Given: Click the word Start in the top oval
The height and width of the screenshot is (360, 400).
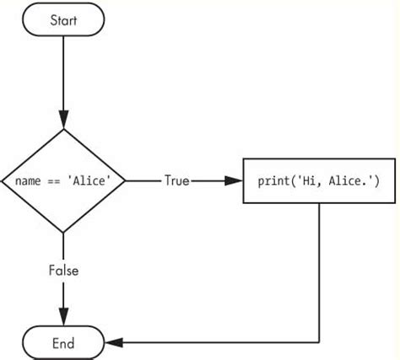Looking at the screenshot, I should click(x=64, y=19).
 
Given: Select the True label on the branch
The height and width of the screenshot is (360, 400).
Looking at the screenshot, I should click(x=176, y=180).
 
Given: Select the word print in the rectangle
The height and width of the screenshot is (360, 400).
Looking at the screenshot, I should click(x=270, y=180).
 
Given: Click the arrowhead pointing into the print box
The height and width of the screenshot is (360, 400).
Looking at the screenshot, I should click(x=235, y=180).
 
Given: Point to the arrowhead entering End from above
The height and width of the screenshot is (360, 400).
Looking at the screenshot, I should click(x=64, y=318).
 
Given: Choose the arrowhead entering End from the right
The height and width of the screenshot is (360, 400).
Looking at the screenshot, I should click(x=114, y=341).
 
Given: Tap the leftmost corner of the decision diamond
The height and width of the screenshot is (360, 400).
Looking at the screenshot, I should click(x=3, y=180).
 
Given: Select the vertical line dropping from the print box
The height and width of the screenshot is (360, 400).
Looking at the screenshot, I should click(x=319, y=270).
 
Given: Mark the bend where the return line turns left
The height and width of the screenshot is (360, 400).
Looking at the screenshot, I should click(x=319, y=341).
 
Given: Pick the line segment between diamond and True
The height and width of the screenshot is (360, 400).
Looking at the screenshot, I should click(x=143, y=180).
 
